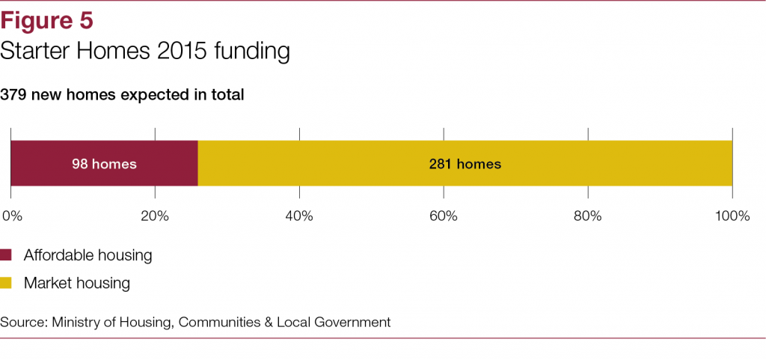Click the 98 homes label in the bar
coord(104,164)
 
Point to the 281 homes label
coord(465,164)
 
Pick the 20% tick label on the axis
coord(155,216)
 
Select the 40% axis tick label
coord(299,216)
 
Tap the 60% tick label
coord(444,216)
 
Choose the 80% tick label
coord(588,216)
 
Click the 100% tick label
coord(732,216)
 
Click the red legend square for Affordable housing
coord(7,255)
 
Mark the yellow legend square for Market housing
coord(7,284)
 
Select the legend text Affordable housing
coord(88,255)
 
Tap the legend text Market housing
coord(77,284)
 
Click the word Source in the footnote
coord(23,323)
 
